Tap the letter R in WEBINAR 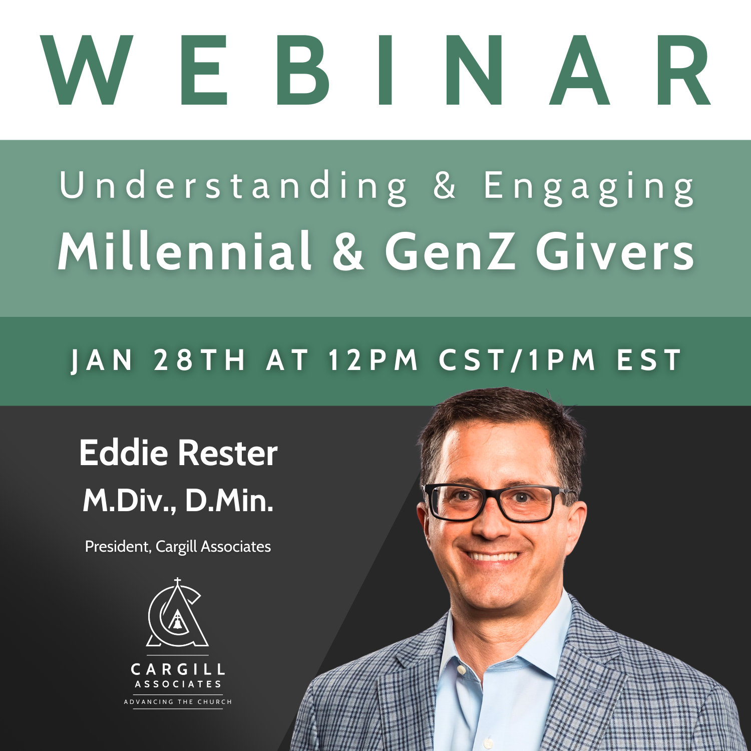[683, 70]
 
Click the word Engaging [589, 188]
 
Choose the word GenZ [450, 251]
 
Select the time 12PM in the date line [373, 360]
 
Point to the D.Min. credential [229, 500]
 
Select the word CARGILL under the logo [178, 669]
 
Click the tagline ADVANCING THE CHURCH [178, 702]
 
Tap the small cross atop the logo [177, 582]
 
